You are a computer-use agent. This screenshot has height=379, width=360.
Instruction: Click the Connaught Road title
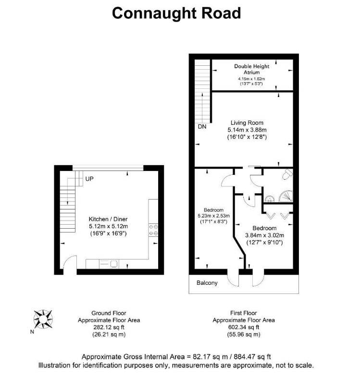click(176, 13)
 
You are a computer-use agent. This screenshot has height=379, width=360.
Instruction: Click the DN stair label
click(202, 127)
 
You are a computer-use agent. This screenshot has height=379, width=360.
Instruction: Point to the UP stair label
click(89, 179)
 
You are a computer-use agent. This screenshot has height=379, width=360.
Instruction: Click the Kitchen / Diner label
click(108, 218)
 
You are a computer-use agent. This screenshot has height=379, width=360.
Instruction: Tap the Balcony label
click(207, 283)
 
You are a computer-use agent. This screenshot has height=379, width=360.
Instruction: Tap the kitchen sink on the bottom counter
click(114, 263)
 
